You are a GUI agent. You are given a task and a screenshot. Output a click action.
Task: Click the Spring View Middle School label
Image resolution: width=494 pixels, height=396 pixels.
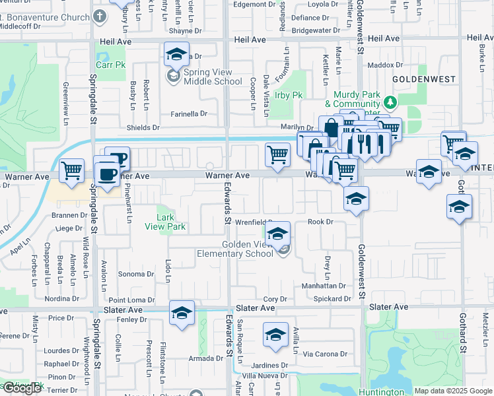[x=203, y=77]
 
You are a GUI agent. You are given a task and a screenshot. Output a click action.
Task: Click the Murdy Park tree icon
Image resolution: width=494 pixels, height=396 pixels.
[x=390, y=102]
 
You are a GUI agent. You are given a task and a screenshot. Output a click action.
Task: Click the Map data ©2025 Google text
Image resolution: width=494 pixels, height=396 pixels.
[x=453, y=391]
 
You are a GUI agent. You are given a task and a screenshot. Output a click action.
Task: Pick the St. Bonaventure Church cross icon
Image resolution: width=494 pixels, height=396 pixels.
[x=100, y=16]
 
